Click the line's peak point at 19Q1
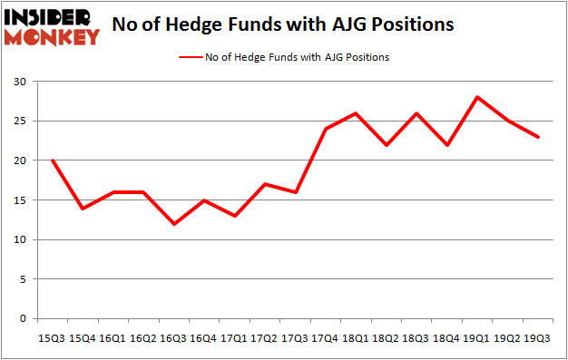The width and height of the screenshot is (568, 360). pos(476,97)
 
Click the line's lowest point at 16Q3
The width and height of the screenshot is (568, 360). pos(174,224)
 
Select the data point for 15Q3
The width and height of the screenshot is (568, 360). pos(54,161)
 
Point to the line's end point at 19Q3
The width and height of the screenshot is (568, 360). pos(537,137)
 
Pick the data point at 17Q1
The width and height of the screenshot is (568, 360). pos(235,216)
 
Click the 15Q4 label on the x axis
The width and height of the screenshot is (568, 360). pos(83,337)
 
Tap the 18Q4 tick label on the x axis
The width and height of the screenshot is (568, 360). pos(446,337)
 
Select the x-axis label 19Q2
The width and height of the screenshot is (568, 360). pos(507,337)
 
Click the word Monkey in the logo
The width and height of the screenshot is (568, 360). pos(53,37)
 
